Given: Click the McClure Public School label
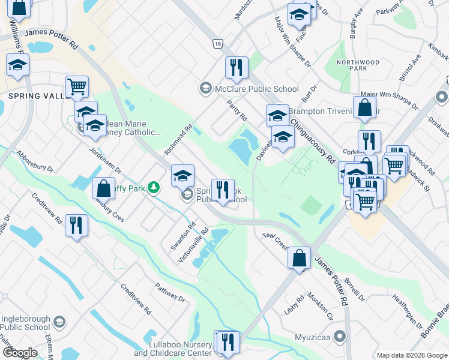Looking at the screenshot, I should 249,89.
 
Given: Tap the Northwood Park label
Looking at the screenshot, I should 360,65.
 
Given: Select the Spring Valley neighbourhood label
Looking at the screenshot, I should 33,96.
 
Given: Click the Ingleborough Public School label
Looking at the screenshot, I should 25,323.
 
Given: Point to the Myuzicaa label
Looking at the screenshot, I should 314,337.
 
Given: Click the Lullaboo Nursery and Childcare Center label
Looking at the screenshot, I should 173,349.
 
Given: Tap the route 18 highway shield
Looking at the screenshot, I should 217,44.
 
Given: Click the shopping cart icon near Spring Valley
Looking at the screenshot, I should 77,87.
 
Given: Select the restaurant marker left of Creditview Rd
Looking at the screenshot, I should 76,226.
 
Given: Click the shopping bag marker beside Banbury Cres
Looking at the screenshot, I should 103,188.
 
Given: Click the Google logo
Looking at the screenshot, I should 20,353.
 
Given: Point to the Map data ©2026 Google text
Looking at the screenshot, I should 412,355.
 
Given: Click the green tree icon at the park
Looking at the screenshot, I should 154,188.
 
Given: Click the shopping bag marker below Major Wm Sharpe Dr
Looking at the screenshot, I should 364,108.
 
